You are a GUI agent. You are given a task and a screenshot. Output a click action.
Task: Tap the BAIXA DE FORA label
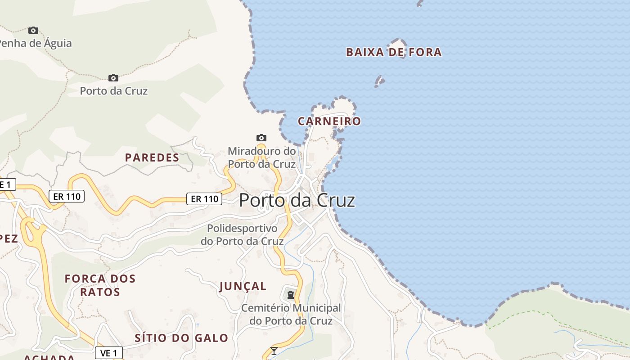point(394,52)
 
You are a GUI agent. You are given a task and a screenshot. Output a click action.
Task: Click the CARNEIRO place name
point(329,121)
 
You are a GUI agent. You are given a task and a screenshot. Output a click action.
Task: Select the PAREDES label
point(152,157)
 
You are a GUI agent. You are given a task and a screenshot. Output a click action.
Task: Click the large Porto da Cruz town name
point(297,200)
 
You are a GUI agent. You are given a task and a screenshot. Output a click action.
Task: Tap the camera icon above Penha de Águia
point(33,30)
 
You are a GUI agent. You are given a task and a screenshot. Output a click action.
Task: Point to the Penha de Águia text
point(35,44)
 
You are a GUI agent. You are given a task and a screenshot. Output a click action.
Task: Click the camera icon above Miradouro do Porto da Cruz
point(261,138)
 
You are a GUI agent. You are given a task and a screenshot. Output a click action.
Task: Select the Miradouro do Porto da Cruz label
point(262,157)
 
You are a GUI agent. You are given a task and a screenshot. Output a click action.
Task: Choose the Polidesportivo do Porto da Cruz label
point(242,235)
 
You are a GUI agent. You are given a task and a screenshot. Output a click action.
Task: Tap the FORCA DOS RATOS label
point(100,285)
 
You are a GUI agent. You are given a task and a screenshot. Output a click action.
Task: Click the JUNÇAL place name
point(243,286)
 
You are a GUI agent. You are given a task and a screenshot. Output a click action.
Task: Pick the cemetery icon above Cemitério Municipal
point(291,295)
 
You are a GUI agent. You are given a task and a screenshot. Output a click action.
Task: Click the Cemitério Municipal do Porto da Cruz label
point(291,315)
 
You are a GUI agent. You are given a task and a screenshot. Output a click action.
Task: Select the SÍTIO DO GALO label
point(181,338)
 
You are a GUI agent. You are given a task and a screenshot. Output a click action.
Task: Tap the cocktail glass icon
point(274,351)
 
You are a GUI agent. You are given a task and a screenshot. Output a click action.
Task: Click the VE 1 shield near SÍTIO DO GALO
point(109,353)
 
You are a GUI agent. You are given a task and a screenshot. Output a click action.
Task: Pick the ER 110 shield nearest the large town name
point(204,198)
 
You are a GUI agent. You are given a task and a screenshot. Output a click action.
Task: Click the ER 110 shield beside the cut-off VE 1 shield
point(67,196)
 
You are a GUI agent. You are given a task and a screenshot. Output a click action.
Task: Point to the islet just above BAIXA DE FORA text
point(399,42)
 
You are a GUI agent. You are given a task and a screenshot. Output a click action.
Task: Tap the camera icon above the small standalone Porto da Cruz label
point(113,78)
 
